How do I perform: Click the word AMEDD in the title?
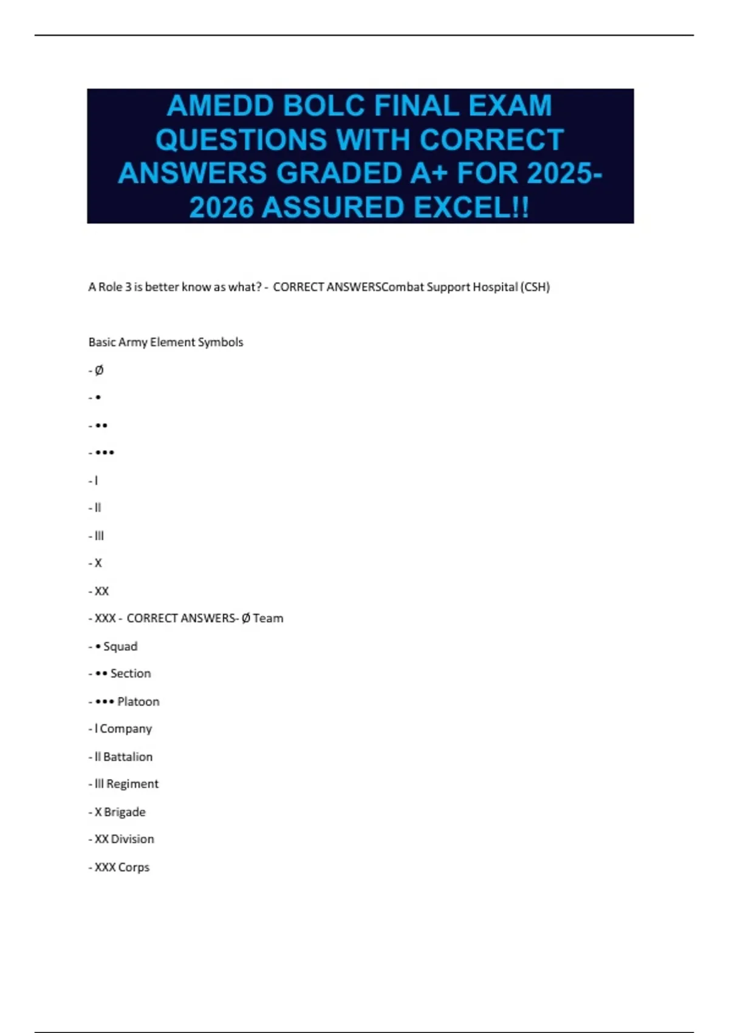click(219, 106)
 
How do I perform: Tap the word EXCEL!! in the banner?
click(471, 208)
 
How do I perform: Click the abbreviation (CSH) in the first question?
click(535, 287)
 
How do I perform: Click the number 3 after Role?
click(128, 287)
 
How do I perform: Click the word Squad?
click(120, 646)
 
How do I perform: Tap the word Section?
click(131, 673)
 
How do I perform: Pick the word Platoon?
click(139, 701)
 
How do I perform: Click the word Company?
click(126, 729)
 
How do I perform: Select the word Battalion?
click(128, 757)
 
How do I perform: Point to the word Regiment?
click(132, 784)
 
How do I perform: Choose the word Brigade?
click(125, 812)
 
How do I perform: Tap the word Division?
click(132, 839)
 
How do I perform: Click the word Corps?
click(134, 867)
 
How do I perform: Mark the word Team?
click(268, 618)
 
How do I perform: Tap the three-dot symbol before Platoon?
click(104, 701)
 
